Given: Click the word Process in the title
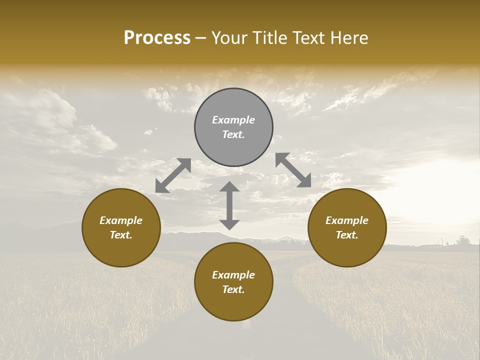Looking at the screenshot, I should click(x=157, y=38).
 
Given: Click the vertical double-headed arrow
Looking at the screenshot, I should click(x=229, y=205).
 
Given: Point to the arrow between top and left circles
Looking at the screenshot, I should click(x=173, y=175).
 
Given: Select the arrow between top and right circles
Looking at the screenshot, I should click(x=293, y=170).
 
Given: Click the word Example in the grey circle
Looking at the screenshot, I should click(x=233, y=120).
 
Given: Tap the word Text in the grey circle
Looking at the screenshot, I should click(x=233, y=134).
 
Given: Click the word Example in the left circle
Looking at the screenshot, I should click(x=121, y=220).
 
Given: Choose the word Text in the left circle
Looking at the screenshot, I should click(x=121, y=235).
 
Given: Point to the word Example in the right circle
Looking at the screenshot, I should click(x=347, y=220).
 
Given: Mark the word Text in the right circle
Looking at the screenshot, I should click(x=347, y=235).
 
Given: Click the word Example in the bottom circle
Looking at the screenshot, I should click(x=233, y=275).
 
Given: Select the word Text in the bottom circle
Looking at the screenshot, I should click(x=233, y=289).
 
